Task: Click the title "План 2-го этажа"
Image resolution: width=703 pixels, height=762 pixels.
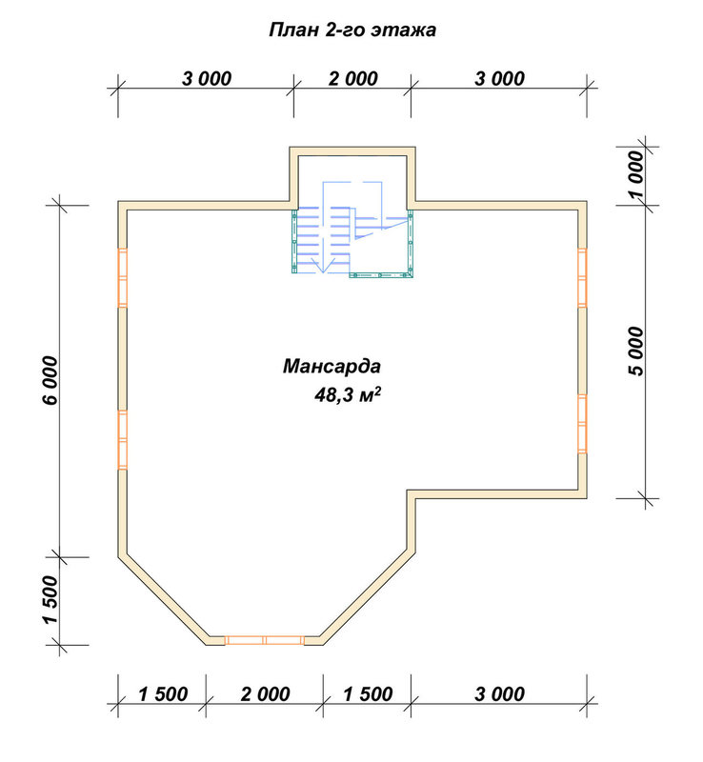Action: (352, 30)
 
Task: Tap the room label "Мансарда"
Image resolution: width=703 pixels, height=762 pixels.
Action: (331, 366)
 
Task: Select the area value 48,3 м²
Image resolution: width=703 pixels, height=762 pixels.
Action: (347, 394)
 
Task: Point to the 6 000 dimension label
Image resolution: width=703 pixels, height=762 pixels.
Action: (50, 380)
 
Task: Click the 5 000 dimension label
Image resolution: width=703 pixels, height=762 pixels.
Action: (635, 351)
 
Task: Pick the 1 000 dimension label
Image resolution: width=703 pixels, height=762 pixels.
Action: (635, 174)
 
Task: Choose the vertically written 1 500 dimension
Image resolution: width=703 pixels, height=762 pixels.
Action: (50, 599)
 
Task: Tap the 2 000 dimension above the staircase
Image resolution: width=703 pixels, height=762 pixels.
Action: (353, 79)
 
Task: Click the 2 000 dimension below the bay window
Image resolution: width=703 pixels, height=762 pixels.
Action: (265, 694)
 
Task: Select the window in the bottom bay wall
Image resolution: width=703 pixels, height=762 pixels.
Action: (265, 640)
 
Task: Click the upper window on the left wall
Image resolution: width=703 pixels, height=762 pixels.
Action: (123, 277)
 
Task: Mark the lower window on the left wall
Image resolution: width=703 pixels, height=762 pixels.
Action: (123, 440)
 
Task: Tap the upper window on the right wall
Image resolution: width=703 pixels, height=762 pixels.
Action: (582, 277)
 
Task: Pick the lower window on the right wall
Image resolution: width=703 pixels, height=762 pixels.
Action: (582, 424)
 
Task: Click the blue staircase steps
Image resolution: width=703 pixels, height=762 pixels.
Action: (323, 238)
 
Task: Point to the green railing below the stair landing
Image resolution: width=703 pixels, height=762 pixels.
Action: (381, 275)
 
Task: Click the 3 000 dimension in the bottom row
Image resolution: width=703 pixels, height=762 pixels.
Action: (499, 694)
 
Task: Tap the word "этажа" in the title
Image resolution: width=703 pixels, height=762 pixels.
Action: (404, 30)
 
